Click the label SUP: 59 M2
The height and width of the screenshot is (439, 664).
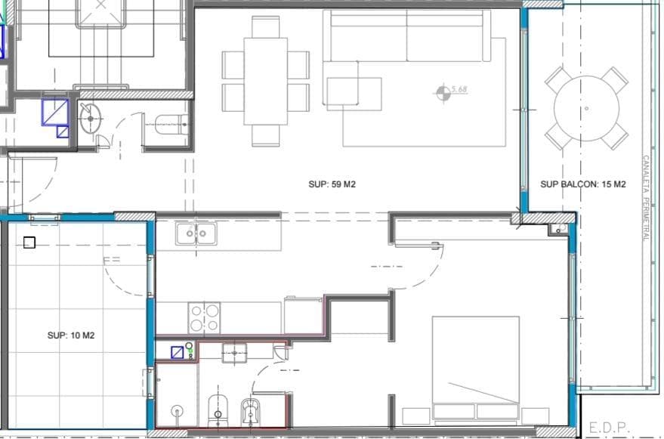point(332,184)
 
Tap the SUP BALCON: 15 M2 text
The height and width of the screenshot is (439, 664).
point(583,184)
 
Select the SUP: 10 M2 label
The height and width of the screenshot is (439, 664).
point(71,335)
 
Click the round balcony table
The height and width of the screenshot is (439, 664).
point(586,109)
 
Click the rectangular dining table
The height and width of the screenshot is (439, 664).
point(265,82)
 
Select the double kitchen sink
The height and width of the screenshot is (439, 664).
point(196,234)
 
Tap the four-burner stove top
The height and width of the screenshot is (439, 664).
point(204,318)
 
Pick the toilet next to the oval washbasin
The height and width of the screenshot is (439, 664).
point(171,125)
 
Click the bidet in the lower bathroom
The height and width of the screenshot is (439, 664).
point(251,413)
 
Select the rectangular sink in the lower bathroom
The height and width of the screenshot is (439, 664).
point(235,353)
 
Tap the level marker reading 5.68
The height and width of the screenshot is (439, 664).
point(452,92)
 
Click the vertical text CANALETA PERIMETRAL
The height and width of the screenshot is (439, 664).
point(646,198)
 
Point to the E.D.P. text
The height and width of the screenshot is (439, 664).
point(610,428)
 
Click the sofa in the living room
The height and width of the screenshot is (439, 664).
point(407,36)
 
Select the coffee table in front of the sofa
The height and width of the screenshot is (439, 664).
point(354,94)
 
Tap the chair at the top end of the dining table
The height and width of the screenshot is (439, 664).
point(265,27)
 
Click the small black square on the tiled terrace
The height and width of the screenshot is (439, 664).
point(29,243)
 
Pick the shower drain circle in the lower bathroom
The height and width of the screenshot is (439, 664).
point(177,410)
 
